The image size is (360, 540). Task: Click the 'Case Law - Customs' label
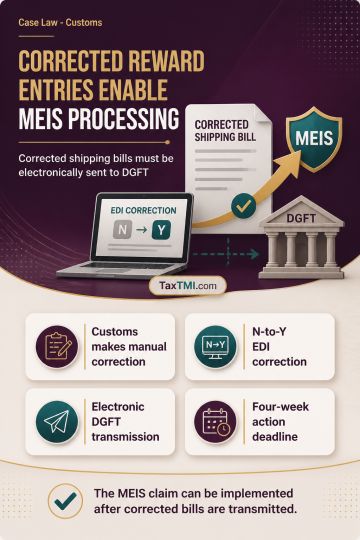(60, 23)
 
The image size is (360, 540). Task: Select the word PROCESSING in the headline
(123, 119)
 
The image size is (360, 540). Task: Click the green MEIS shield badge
(314, 138)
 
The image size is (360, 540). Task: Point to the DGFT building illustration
(301, 237)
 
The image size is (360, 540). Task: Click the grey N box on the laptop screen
(122, 230)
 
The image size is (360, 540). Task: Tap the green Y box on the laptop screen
(161, 230)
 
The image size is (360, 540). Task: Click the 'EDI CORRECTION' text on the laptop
(143, 210)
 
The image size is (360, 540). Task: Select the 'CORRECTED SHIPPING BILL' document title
(225, 131)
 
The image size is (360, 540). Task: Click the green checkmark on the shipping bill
(244, 206)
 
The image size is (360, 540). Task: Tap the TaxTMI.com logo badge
(188, 285)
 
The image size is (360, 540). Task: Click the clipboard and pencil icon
(57, 346)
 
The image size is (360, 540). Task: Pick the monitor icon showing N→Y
(215, 346)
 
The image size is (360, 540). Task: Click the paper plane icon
(57, 422)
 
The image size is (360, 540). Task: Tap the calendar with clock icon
(215, 422)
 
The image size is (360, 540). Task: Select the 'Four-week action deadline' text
(280, 422)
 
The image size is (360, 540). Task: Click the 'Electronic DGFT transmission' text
(125, 422)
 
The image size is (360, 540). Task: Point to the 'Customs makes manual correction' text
(129, 346)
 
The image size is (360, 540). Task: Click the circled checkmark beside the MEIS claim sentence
(65, 501)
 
